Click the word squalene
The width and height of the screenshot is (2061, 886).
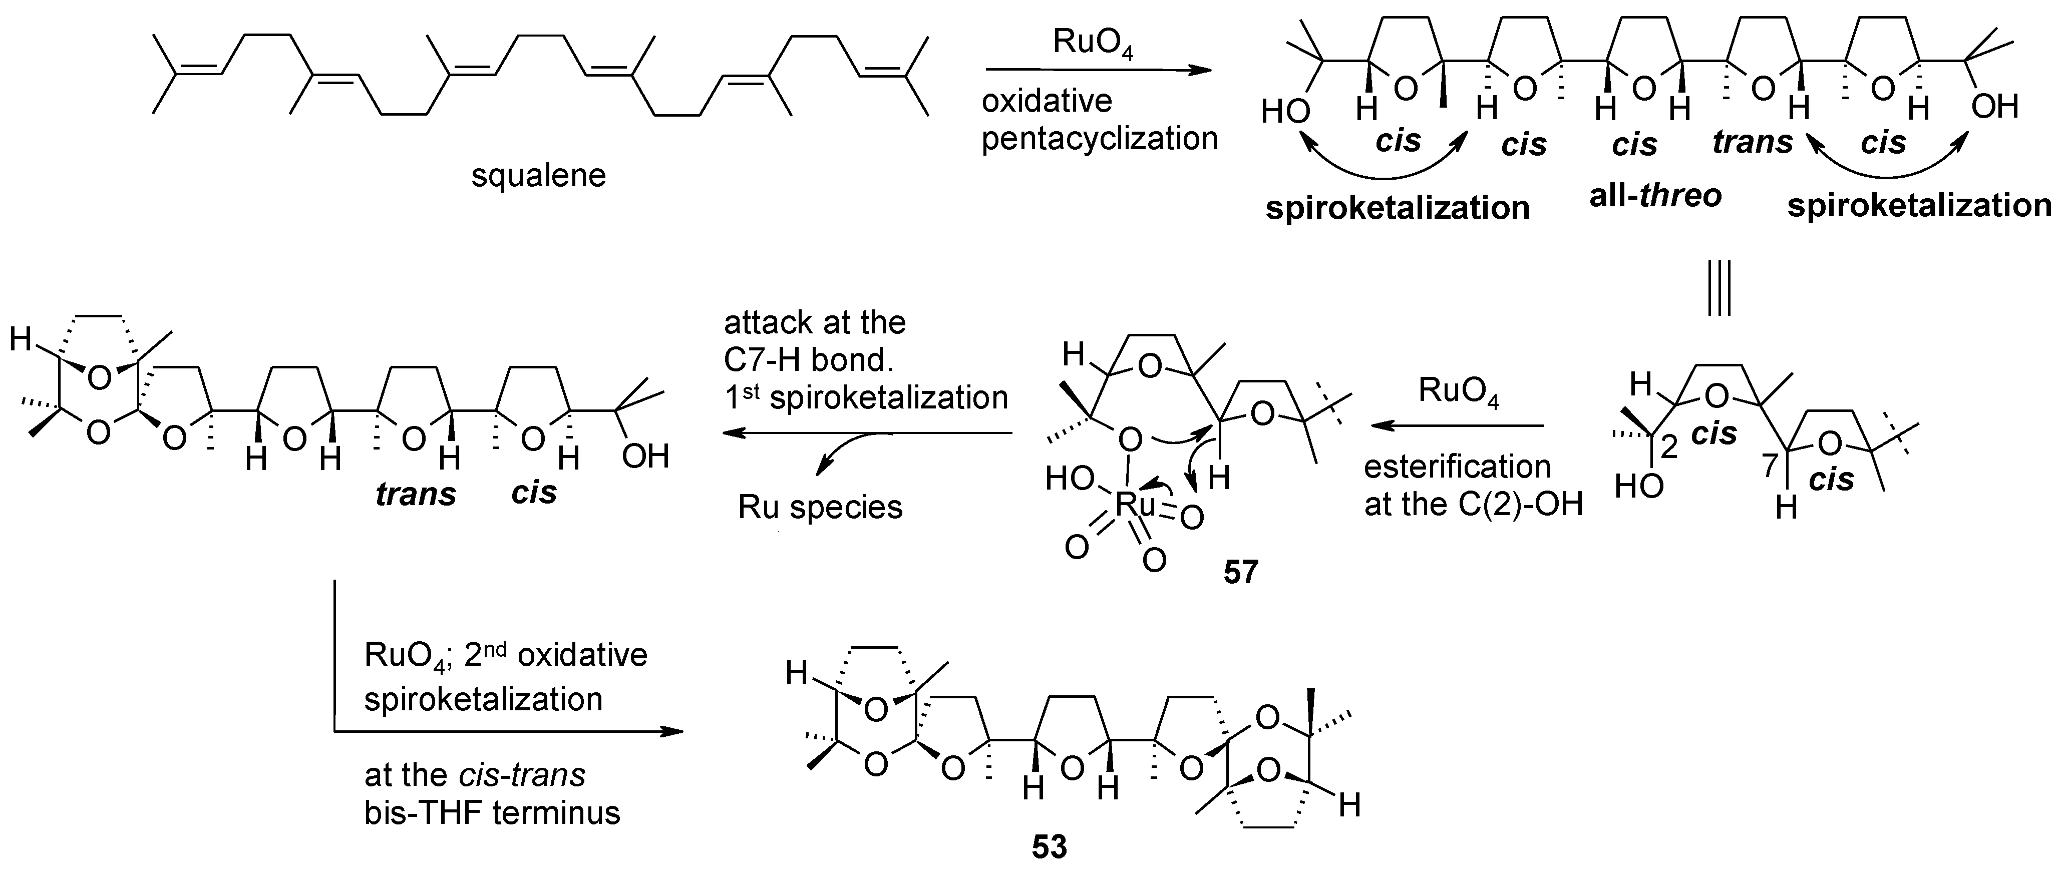pyautogui.click(x=538, y=175)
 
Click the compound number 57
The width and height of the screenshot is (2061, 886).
pyautogui.click(x=1241, y=573)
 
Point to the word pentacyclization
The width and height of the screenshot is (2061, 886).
pyautogui.click(x=1099, y=138)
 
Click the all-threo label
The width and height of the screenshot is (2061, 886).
pyautogui.click(x=1654, y=196)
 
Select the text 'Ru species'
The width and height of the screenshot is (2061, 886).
pyautogui.click(x=820, y=508)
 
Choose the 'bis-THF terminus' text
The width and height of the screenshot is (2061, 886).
pyautogui.click(x=492, y=812)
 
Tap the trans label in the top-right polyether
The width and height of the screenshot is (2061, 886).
pyautogui.click(x=1752, y=142)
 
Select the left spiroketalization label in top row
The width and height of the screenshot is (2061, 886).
pyautogui.click(x=1397, y=208)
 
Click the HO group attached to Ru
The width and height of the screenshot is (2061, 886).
pyautogui.click(x=1069, y=479)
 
